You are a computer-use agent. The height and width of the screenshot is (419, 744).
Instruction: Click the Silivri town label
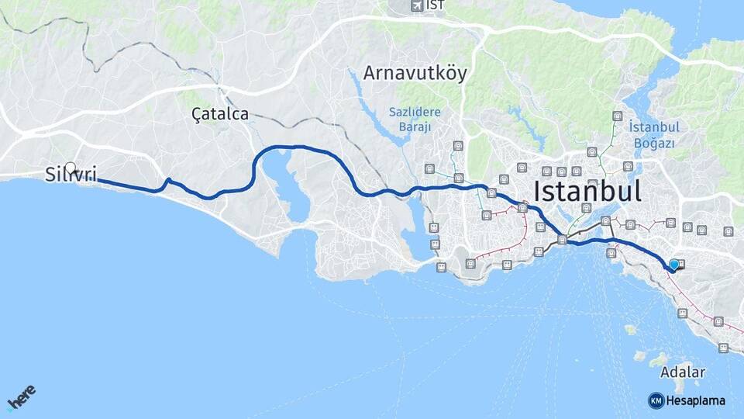tap(71, 175)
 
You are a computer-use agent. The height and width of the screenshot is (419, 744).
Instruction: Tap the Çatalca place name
tap(220, 114)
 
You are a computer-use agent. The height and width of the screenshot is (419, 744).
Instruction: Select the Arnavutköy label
tap(415, 74)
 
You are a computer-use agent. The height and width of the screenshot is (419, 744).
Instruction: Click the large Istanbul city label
tap(587, 191)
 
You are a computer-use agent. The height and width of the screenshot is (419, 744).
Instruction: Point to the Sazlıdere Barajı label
tap(415, 119)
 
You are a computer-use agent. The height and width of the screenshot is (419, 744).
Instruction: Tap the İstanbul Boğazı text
tap(655, 135)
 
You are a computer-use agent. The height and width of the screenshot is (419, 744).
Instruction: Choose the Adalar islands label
tap(684, 372)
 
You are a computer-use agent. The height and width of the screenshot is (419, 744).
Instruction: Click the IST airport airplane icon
tap(417, 6)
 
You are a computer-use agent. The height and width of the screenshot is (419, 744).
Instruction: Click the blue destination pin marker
tap(674, 265)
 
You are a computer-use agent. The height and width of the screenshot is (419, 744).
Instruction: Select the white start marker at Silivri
tap(71, 168)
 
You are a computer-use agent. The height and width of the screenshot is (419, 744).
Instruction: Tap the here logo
tap(22, 397)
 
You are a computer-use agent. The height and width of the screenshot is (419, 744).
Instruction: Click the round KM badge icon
tap(656, 400)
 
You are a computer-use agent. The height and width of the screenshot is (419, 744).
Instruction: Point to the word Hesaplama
tap(696, 400)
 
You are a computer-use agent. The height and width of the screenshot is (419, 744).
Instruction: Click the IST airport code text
tap(436, 6)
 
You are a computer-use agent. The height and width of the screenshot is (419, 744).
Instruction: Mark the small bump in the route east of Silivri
tap(168, 182)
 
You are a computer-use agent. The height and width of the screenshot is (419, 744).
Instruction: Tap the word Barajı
tap(415, 127)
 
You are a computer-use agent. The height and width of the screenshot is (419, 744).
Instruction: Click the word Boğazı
tap(655, 144)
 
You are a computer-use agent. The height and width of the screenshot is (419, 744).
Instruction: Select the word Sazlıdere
tap(415, 112)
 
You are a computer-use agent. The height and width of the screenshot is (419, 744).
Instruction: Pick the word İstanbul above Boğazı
tap(655, 127)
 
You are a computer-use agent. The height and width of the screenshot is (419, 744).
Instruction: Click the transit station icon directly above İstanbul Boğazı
tap(617, 116)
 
